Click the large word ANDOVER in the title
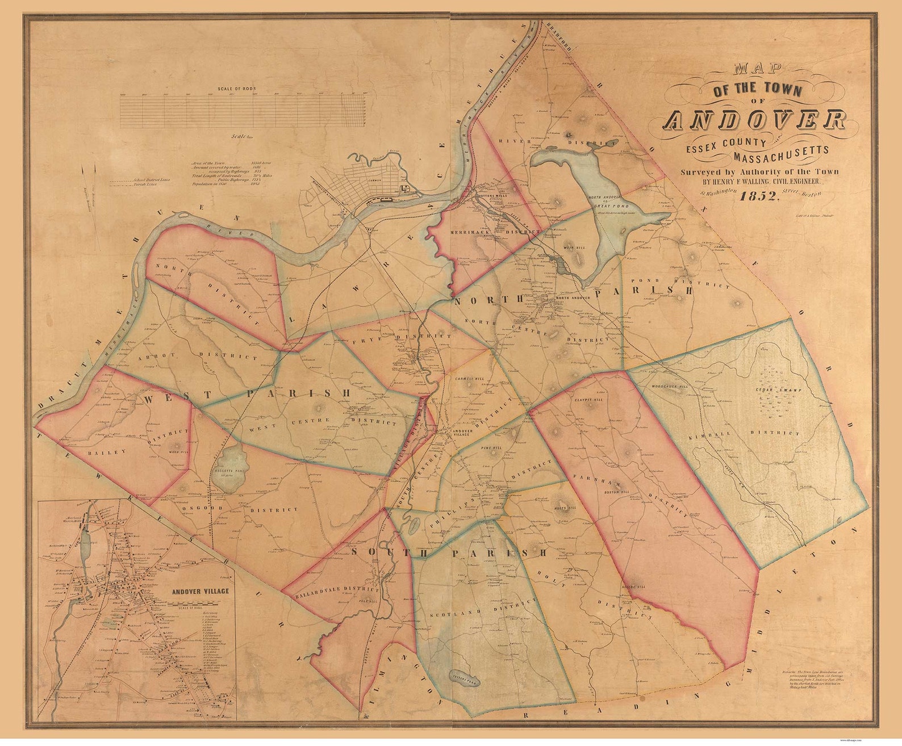coord(755,120)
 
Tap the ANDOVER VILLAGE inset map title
coord(201,591)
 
